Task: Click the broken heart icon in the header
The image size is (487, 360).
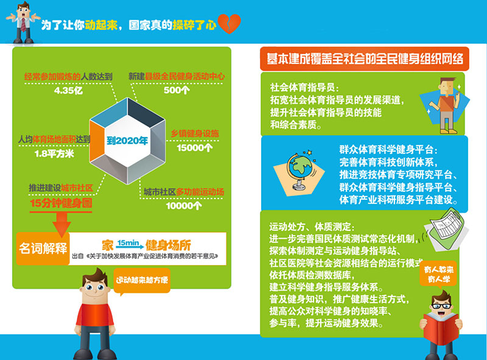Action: point(229,24)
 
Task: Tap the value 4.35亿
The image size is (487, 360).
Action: point(68,91)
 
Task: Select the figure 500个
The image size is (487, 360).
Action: point(177,90)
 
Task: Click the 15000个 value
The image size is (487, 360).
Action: point(195,147)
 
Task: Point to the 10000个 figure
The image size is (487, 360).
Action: point(184,205)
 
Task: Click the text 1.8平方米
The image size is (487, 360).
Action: point(54,154)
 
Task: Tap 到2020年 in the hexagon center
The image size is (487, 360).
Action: point(127,141)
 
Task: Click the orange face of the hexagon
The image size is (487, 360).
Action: point(97,141)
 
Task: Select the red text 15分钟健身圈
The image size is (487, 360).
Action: point(61,203)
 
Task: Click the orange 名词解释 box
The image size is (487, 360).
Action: point(43,249)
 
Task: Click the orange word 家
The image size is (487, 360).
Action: point(108,245)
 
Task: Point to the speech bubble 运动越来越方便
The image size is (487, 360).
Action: point(142,281)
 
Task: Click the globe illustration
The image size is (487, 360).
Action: point(300,170)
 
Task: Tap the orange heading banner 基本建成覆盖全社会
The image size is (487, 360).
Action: point(365,58)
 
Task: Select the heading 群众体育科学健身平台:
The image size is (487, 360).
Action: point(388,149)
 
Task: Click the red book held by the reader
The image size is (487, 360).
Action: point(441,328)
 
